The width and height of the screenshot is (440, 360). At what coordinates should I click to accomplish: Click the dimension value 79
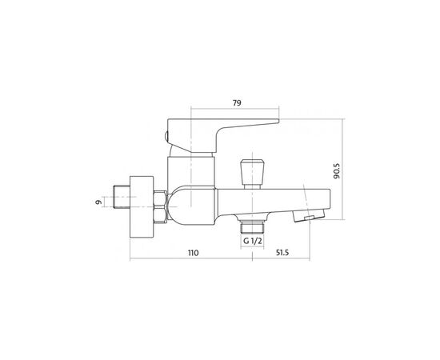[237, 103]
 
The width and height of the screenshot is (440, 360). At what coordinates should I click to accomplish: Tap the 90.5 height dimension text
[337, 171]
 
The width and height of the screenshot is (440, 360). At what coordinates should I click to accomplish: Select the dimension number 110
[193, 253]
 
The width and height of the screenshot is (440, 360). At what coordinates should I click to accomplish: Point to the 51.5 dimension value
[282, 253]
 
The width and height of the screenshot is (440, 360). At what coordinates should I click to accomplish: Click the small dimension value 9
[98, 202]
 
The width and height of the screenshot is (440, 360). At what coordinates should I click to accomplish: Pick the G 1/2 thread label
[253, 241]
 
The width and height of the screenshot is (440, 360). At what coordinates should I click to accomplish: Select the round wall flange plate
[142, 207]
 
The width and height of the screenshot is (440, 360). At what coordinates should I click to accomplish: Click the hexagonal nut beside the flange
[160, 207]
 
